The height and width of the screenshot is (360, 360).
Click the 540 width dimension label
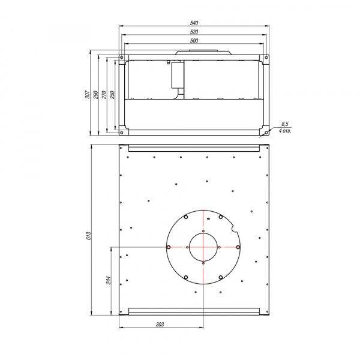[x=194, y=23]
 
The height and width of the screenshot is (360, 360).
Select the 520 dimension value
[x=194, y=32]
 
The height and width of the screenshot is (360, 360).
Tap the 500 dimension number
[x=194, y=41]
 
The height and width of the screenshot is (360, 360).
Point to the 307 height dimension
[x=88, y=94]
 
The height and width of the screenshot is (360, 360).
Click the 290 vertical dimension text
[x=96, y=94]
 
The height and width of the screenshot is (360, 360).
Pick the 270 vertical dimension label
[x=104, y=94]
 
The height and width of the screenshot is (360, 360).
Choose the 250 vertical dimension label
[x=112, y=94]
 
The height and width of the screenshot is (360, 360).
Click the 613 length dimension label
[x=89, y=236]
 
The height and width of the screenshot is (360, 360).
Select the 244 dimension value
[x=109, y=280]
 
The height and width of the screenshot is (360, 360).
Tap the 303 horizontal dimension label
[x=160, y=324]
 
